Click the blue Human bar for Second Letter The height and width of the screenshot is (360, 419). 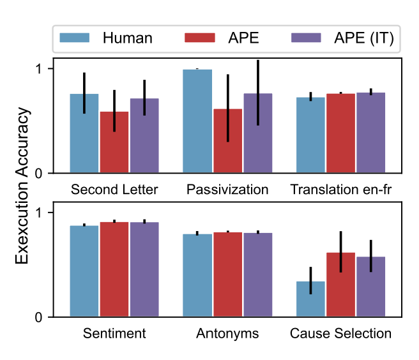[84, 133]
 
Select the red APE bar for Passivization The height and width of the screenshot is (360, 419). [227, 141]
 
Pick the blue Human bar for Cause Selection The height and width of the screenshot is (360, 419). [311, 299]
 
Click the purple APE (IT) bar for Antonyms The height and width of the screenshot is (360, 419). [257, 275]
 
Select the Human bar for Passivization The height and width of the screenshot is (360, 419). [197, 121]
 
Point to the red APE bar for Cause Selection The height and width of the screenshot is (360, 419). [341, 285]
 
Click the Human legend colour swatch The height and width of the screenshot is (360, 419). [74, 38]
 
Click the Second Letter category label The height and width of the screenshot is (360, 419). [114, 190]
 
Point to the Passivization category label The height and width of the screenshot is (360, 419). [227, 190]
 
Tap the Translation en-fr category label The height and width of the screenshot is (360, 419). [341, 190]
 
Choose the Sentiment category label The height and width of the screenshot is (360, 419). [114, 334]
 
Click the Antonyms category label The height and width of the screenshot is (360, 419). [227, 334]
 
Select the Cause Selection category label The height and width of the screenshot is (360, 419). [341, 334]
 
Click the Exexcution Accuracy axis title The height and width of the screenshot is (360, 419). [23, 185]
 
